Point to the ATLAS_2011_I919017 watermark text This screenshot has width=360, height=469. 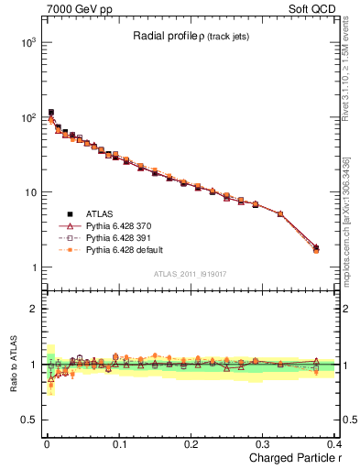(x=191, y=272)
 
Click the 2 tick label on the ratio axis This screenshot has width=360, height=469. (x=33, y=309)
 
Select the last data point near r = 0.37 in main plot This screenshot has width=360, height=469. (x=316, y=247)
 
